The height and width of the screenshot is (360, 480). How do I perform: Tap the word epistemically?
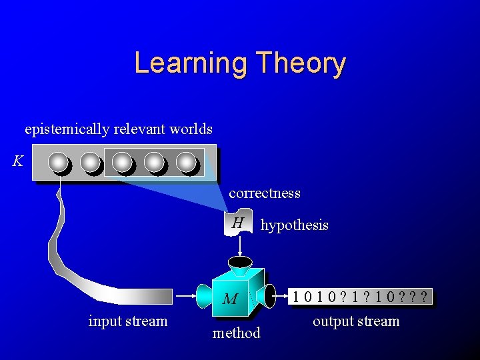67,129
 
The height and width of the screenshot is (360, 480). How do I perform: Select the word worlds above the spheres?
191,129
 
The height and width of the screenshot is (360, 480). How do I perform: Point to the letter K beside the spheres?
18,161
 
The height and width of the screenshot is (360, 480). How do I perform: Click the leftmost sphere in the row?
59,162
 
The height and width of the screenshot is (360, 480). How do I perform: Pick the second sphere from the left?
90,162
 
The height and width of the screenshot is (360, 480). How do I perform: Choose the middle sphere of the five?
122,162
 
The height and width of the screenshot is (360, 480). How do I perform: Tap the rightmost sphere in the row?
186,162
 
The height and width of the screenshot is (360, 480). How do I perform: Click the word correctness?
265,193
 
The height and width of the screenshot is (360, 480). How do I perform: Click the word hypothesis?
294,225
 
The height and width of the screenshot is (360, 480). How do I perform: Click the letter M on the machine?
229,299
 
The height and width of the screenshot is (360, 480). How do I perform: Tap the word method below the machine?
236,333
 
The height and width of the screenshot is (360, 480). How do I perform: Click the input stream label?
128,321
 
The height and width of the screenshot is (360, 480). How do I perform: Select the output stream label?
356,321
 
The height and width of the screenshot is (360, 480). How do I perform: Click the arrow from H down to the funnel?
239,245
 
